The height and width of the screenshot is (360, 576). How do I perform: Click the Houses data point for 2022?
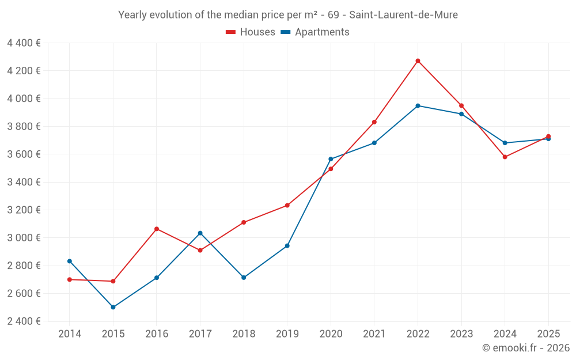point(418,60)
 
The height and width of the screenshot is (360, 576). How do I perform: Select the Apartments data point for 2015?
point(113,307)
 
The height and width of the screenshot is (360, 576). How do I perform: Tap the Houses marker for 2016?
point(157,229)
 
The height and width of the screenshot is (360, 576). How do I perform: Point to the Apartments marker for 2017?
point(200,233)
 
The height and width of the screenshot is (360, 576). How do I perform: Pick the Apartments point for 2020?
point(331,159)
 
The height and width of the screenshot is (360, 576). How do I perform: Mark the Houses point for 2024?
point(505,157)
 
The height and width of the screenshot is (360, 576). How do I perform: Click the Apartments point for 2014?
point(70,261)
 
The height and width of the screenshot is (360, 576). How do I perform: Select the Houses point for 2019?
point(287,205)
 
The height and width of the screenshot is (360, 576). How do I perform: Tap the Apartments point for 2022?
point(418,105)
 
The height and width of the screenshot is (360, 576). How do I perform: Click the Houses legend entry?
point(251,32)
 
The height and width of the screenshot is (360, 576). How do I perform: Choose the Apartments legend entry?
point(315,32)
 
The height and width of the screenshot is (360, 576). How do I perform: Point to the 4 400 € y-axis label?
point(24,43)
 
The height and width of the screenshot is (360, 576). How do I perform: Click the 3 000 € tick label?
point(24,237)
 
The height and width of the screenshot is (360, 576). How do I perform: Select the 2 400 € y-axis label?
point(24,321)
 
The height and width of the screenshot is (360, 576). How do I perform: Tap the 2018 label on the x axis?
point(244,334)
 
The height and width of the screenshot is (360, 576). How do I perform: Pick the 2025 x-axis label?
point(548,334)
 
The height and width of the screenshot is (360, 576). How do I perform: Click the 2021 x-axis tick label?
point(374,334)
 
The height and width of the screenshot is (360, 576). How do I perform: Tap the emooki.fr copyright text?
point(525,348)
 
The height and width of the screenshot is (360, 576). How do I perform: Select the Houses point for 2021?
point(374,122)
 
